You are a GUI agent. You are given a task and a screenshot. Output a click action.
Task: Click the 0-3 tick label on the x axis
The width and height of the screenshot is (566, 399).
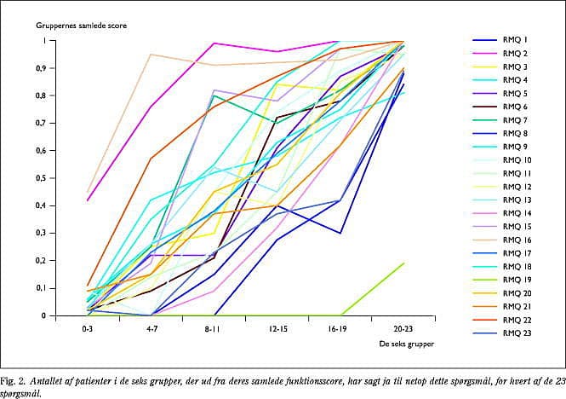click(87, 326)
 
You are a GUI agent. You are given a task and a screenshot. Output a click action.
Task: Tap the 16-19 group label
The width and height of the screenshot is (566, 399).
click(340, 326)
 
